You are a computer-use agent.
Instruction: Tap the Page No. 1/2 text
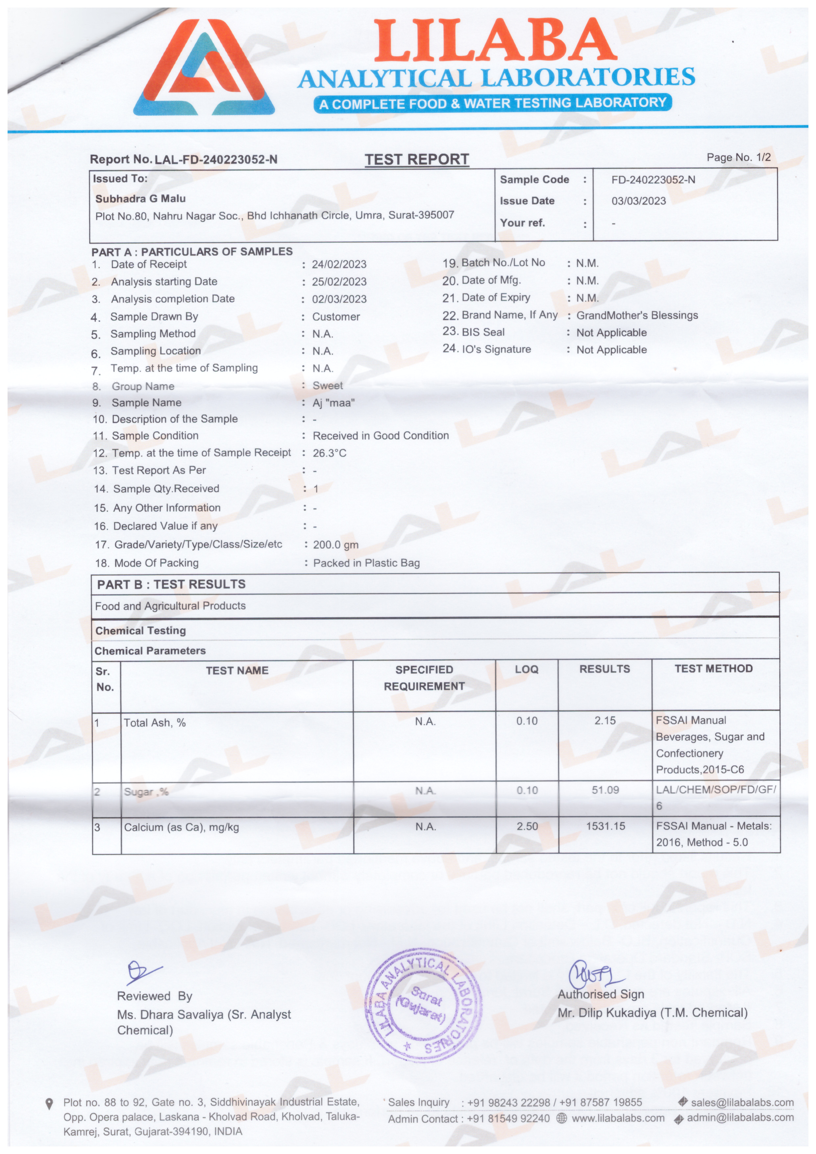click(x=738, y=157)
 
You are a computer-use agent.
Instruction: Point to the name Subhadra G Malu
click(x=140, y=198)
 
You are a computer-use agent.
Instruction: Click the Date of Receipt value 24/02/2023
click(x=339, y=264)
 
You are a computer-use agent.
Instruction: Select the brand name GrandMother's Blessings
click(x=637, y=316)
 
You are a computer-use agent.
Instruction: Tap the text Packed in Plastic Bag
click(x=366, y=563)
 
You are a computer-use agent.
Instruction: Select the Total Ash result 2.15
click(x=605, y=721)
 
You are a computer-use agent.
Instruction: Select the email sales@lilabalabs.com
click(x=742, y=1103)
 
